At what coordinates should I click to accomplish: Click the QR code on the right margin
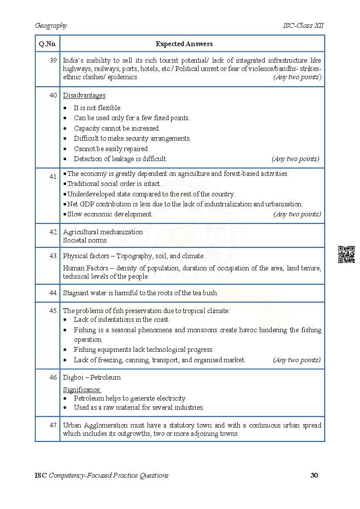click(x=346, y=254)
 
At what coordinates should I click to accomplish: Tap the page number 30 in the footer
click(x=314, y=475)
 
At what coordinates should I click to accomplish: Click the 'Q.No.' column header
click(x=47, y=44)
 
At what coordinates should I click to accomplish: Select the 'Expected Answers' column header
click(x=184, y=44)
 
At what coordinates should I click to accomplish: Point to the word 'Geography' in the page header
click(x=51, y=26)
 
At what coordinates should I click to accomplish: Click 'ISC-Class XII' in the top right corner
click(x=303, y=26)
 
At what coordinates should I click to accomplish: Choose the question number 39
click(x=54, y=61)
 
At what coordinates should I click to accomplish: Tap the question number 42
click(x=54, y=232)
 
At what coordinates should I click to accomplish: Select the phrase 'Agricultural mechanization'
click(x=103, y=232)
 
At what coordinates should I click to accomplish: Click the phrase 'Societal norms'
click(x=84, y=240)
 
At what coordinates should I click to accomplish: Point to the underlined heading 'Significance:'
click(x=82, y=389)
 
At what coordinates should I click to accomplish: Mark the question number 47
click(x=54, y=425)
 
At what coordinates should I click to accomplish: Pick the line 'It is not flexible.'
click(x=98, y=108)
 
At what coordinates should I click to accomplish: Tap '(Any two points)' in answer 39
click(x=297, y=77)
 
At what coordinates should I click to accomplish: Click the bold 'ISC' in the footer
click(x=41, y=475)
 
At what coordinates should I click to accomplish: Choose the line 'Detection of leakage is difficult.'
click(x=120, y=159)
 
